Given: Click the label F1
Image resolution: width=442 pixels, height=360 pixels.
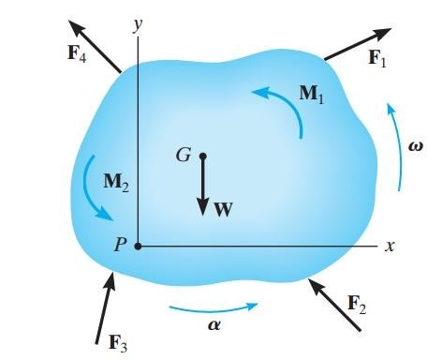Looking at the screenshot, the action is tap(377, 58).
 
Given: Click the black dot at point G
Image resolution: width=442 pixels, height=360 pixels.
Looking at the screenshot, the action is tap(202, 155).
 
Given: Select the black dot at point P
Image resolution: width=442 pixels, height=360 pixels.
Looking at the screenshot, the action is tap(138, 247).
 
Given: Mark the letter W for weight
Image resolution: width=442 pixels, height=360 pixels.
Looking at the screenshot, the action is tap(222, 210).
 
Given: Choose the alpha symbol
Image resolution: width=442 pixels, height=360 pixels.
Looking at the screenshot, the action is tap(214, 322).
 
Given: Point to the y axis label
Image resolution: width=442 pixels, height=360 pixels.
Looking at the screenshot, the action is tap(137, 25).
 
